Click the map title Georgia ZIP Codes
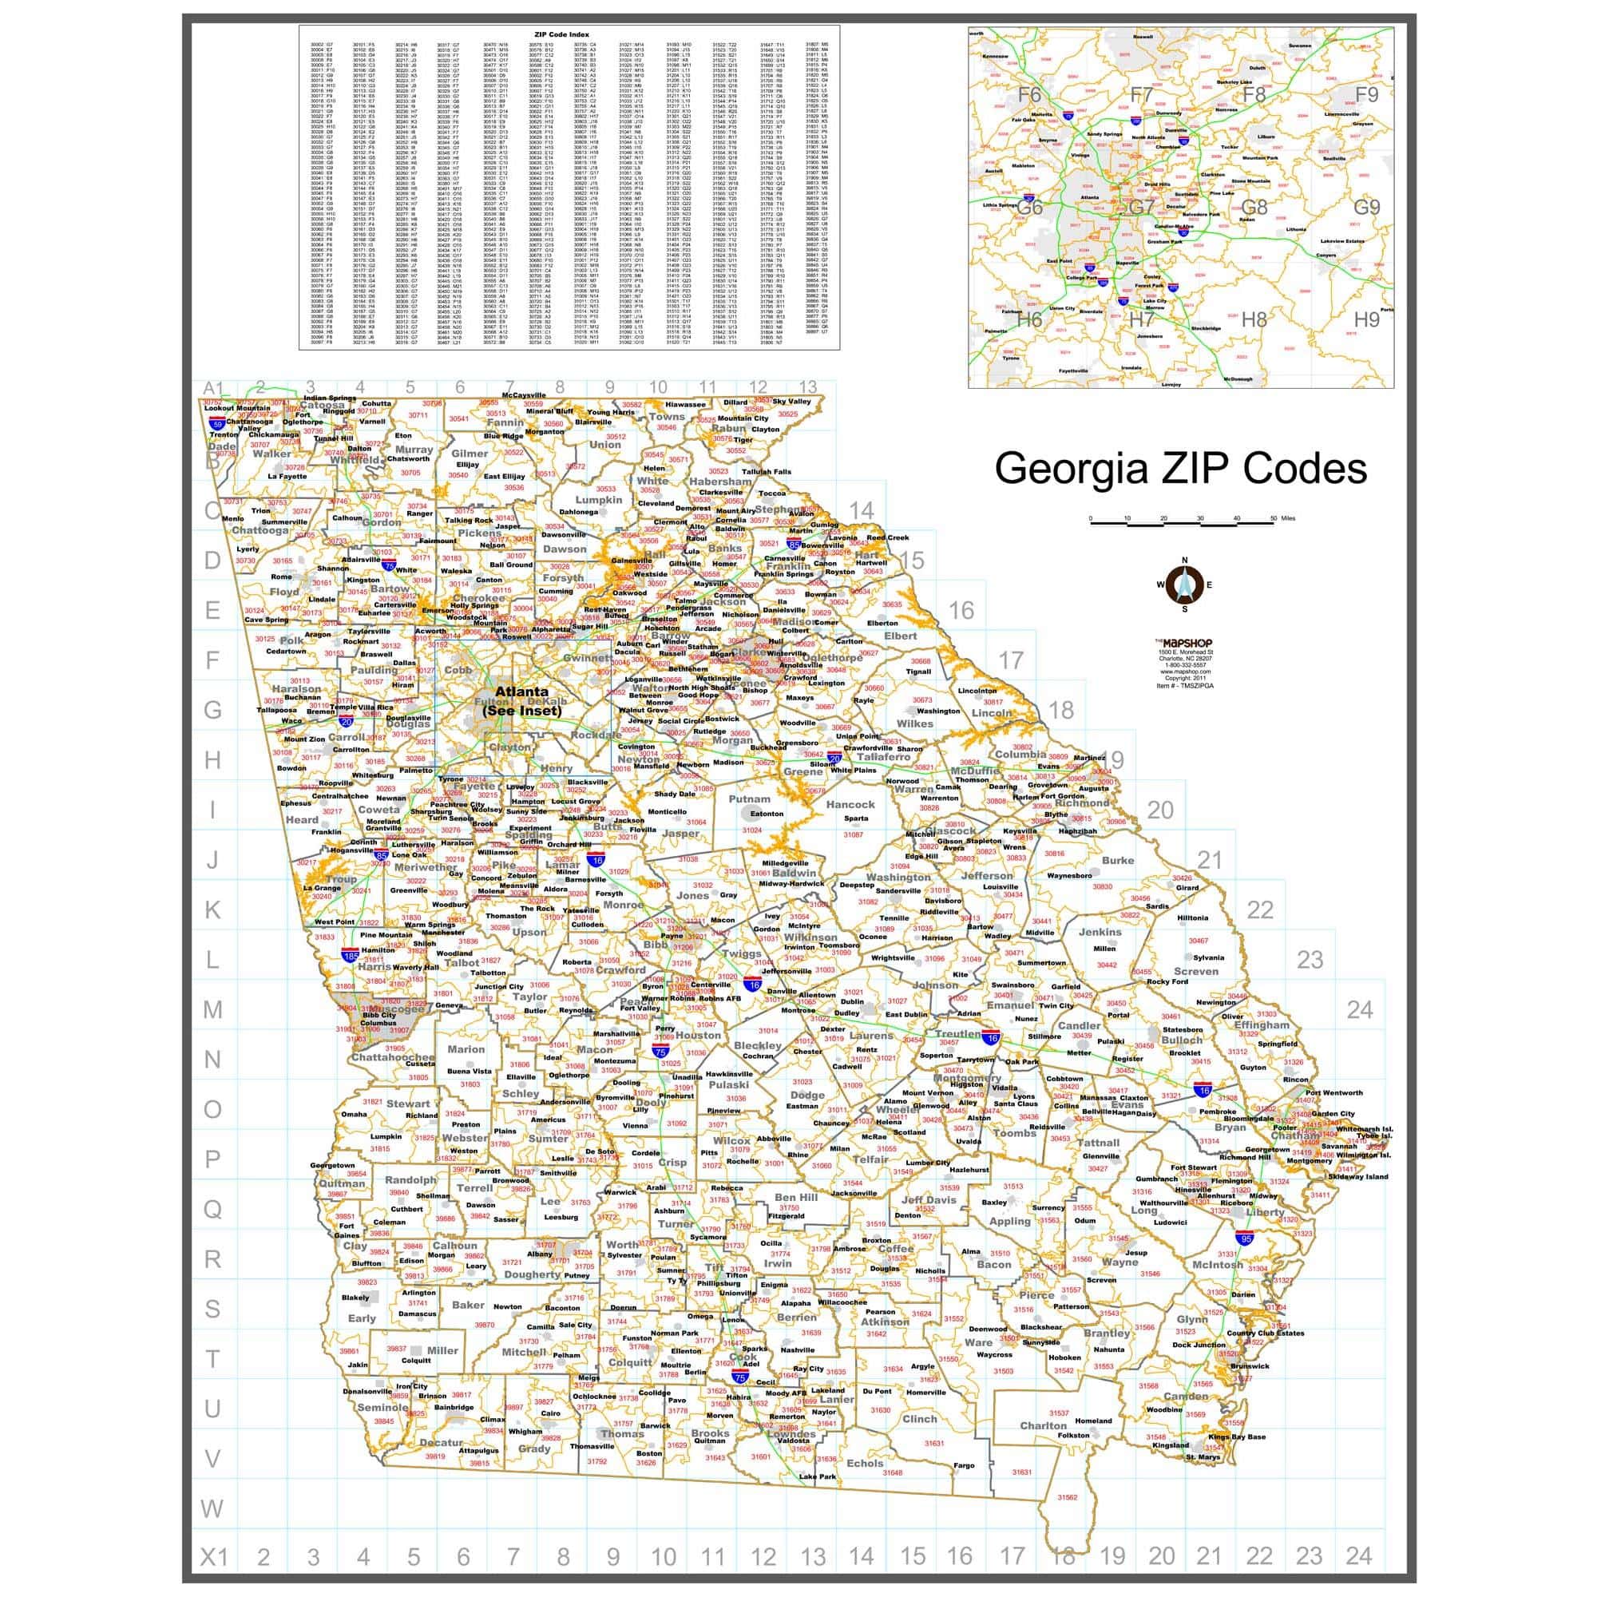tap(1180, 468)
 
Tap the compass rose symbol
tap(1184, 585)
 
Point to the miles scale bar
tap(1182, 521)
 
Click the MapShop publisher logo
tap(1184, 642)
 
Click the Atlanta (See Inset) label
tap(521, 700)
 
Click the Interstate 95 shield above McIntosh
tap(1245, 1238)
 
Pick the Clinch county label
tap(919, 1418)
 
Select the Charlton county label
tap(1042, 1425)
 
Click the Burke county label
tap(1118, 861)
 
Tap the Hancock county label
tap(850, 804)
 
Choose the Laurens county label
tap(871, 1036)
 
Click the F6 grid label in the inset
tap(1029, 95)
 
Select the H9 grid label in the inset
tap(1366, 319)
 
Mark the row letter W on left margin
tap(212, 1508)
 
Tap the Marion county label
tap(466, 1049)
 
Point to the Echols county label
tap(865, 1463)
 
